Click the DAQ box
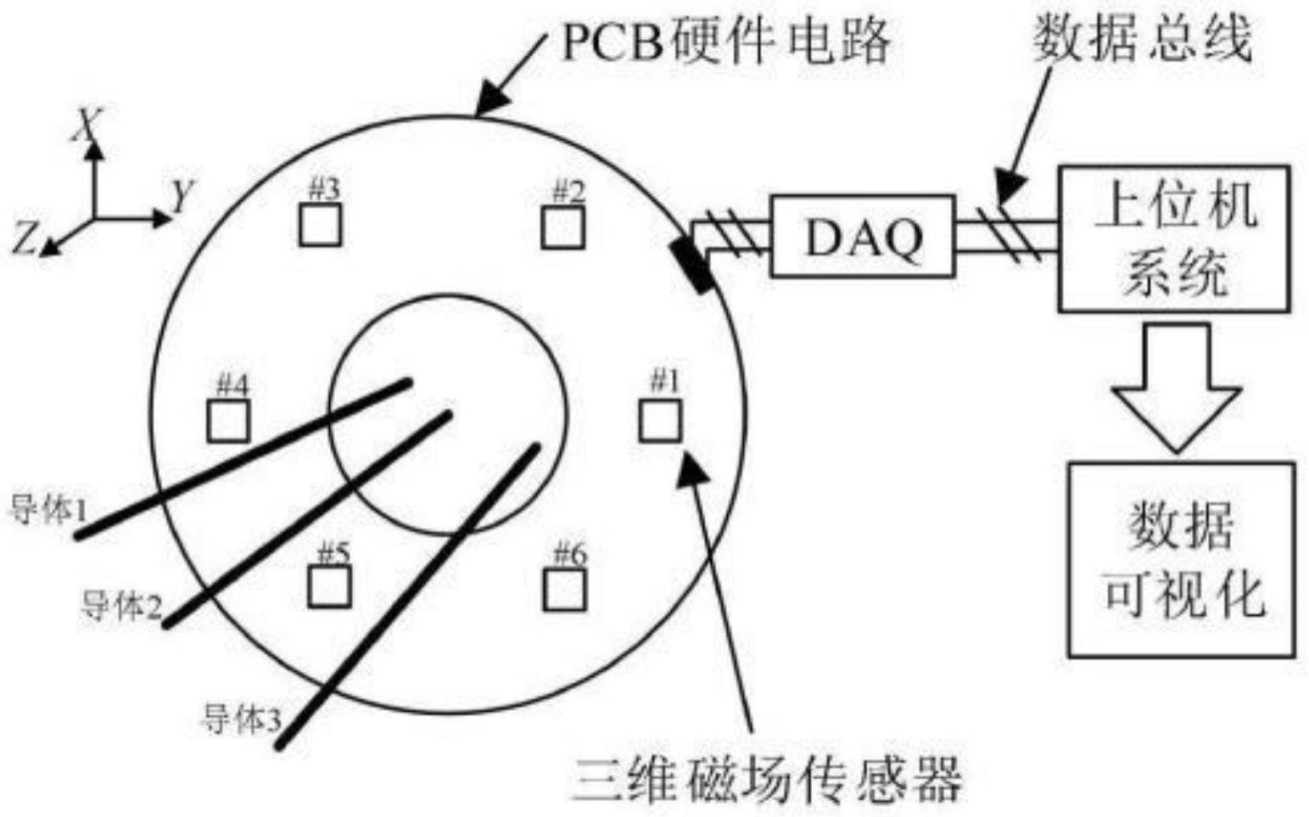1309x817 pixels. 863,237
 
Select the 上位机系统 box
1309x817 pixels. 1174,238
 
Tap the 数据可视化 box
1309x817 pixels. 1181,560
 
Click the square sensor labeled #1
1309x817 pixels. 660,420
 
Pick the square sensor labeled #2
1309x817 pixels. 562,227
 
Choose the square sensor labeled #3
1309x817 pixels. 321,225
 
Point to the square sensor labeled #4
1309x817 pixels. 228,421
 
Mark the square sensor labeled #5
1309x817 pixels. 329,585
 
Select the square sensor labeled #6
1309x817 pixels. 564,590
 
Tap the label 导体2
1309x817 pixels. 120,606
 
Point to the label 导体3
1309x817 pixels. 240,719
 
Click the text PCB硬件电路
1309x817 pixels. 726,41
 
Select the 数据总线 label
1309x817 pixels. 1141,38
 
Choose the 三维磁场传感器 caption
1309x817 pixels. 768,779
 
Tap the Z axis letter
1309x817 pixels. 25,236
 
